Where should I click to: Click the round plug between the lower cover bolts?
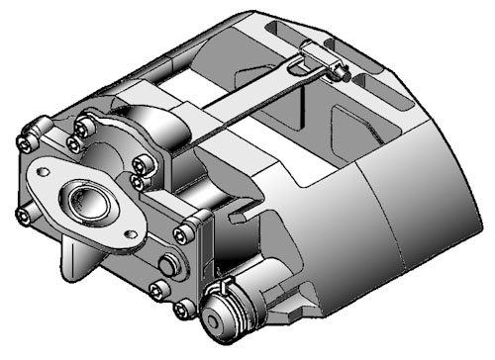pyautogui.click(x=169, y=265)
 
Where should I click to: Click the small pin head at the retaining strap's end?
pyautogui.click(x=341, y=70)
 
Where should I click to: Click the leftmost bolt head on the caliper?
pyautogui.click(x=21, y=141)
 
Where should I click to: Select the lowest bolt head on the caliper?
pyautogui.click(x=180, y=311)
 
